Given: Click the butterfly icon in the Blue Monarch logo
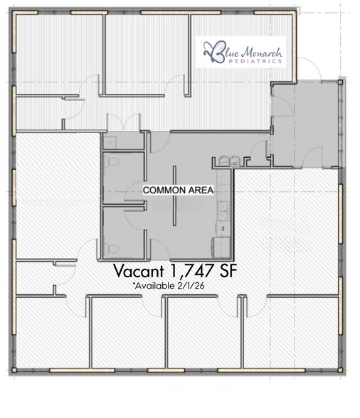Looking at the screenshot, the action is (213, 52).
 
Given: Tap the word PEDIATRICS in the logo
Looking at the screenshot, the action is (255, 61).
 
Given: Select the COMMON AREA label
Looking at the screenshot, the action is (179, 190).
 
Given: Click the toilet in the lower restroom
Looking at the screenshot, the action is (112, 249).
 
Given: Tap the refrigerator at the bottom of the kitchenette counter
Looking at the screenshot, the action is (221, 247).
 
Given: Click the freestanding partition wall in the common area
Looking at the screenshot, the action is (174, 195).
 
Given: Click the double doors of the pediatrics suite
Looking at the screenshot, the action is (124, 122).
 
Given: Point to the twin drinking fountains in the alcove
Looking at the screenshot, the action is (229, 161).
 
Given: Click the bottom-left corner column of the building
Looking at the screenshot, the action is (14, 370).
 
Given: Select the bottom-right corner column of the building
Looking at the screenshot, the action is (340, 370).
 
